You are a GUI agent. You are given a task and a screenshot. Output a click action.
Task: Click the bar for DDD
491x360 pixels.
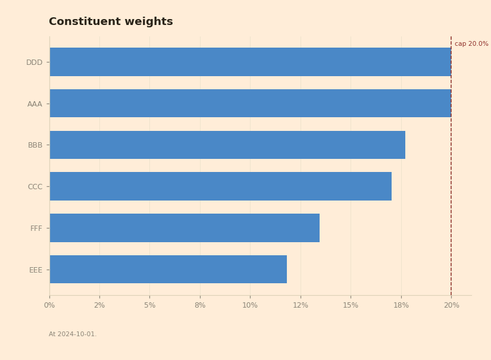pos(250,62)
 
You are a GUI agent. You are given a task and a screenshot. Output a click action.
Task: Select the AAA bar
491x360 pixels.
pos(250,104)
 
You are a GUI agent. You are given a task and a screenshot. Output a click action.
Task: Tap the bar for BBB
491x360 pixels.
pos(227,145)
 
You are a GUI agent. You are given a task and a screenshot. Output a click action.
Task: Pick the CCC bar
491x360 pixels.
pos(220,186)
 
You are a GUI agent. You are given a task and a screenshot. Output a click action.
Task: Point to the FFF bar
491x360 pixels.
pos(184,228)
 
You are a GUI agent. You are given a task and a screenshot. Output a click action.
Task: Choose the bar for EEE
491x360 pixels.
pos(168,269)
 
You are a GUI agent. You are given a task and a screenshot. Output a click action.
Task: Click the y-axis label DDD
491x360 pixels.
pos(34,62)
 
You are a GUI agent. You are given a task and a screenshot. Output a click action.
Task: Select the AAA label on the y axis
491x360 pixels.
pos(35,104)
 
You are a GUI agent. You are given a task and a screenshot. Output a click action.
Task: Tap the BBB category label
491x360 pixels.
pos(35,145)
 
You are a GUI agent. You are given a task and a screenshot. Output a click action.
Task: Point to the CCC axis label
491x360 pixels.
pos(35,187)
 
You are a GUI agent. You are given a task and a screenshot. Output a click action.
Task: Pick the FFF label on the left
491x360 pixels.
pos(36,228)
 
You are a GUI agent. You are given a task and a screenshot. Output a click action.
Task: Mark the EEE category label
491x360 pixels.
pos(36,270)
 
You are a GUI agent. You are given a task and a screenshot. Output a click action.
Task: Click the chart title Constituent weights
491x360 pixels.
pos(111,21)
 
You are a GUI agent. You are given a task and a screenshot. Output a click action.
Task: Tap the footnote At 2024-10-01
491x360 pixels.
pos(73,334)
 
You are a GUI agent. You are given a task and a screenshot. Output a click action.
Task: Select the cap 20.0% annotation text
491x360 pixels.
pos(471,44)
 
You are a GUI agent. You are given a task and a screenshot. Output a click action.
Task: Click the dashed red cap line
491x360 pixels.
pos(451,166)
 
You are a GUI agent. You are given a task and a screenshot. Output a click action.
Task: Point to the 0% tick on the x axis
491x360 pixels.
pos(49,305)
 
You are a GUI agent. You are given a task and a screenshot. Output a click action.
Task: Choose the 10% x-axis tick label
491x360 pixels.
pos(250,305)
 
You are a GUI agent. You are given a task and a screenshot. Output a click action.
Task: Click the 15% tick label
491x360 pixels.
pos(351,305)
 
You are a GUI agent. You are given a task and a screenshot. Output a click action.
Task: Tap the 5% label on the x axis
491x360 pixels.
pos(149,305)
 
